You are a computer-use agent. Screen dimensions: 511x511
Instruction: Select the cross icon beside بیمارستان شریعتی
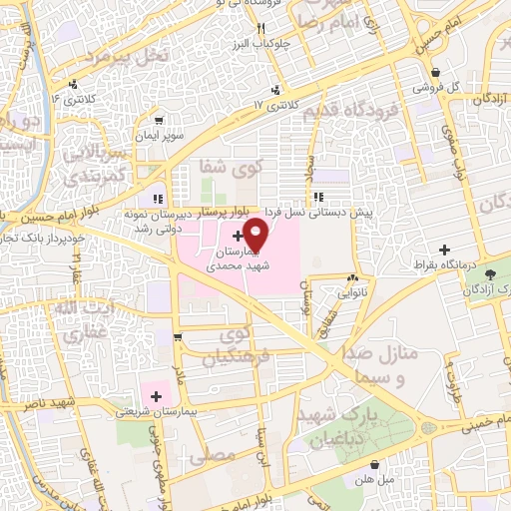point(157,396)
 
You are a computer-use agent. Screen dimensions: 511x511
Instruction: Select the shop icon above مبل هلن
point(374,464)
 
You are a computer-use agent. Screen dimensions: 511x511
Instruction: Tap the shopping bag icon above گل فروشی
point(436,72)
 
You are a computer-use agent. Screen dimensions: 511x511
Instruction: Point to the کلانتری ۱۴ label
point(70,99)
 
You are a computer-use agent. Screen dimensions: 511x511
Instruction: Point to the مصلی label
point(218,454)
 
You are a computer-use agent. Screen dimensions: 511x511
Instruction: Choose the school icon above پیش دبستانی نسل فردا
point(317,197)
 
